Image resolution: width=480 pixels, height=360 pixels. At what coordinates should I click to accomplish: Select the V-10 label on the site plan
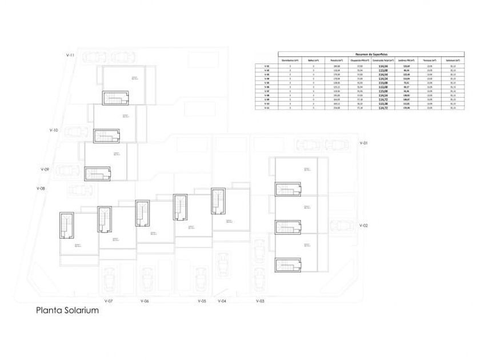pyautogui.click(x=54, y=130)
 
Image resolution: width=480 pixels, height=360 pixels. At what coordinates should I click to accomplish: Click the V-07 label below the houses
pyautogui.click(x=109, y=301)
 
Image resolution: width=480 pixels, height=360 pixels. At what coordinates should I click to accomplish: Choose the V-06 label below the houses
pyautogui.click(x=145, y=301)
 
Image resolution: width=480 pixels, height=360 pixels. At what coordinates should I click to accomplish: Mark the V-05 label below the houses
pyautogui.click(x=202, y=301)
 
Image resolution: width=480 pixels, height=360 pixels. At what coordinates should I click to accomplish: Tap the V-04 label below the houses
pyautogui.click(x=222, y=301)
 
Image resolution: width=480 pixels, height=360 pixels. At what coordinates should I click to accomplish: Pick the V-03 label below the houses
pyautogui.click(x=260, y=301)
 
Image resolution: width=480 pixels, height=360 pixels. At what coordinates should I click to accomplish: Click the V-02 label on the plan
pyautogui.click(x=363, y=226)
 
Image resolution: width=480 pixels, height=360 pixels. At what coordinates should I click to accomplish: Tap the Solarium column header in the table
pyautogui.click(x=453, y=60)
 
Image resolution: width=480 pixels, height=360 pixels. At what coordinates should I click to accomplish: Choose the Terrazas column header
pyautogui.click(x=429, y=60)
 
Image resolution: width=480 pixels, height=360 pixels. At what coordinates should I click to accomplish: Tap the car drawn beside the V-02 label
pyautogui.click(x=343, y=227)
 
